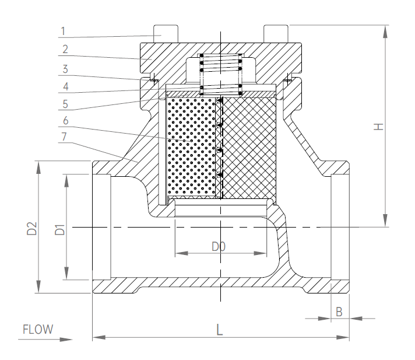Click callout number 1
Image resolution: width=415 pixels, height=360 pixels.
[x=63, y=32]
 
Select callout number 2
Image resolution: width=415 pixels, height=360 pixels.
[x=65, y=49]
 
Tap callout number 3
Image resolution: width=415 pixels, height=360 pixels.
[x=65, y=69]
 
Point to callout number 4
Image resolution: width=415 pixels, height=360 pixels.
[x=66, y=86]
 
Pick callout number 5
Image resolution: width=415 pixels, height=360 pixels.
[x=65, y=104]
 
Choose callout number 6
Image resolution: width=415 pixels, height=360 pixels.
[x=66, y=121]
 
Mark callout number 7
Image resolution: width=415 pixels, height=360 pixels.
[x=64, y=137]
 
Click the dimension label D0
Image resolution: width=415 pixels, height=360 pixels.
[x=219, y=247]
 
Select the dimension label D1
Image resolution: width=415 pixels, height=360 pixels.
[x=60, y=229]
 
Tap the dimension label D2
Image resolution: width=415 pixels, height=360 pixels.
[x=32, y=229]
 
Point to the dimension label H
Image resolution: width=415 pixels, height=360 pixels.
[x=379, y=127]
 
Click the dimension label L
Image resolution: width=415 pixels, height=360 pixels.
[x=219, y=330]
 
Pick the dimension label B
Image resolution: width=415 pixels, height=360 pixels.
[x=339, y=312]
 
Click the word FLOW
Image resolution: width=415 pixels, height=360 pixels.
[x=38, y=330]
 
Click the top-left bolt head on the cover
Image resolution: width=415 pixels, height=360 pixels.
[x=166, y=34]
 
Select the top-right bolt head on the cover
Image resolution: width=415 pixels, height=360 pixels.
[x=276, y=34]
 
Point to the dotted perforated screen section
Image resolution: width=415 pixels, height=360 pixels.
[x=192, y=147]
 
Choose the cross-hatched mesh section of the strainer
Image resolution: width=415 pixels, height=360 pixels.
[x=249, y=148]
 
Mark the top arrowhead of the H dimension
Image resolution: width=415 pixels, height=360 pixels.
[x=385, y=32]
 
